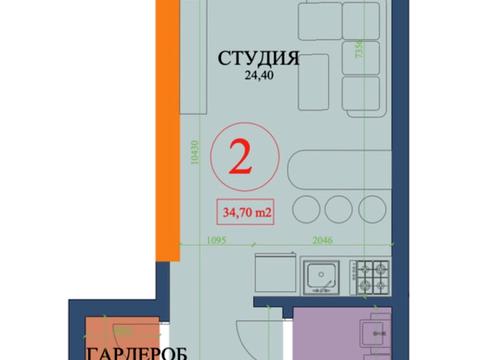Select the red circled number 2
point(241,157)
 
